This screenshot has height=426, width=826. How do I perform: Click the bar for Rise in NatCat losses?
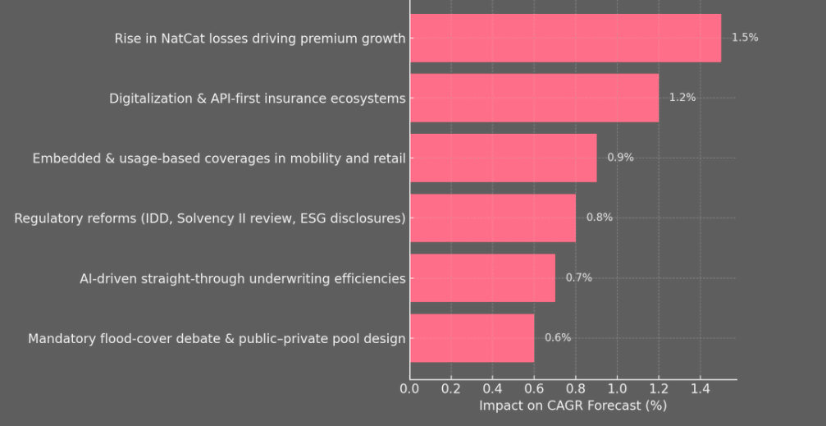point(565,38)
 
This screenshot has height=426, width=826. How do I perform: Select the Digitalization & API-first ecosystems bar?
point(534,98)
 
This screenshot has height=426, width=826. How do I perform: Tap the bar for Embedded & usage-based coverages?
point(503,158)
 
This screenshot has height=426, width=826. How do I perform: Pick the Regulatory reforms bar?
point(492,218)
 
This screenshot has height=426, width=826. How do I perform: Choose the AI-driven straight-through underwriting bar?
point(482,277)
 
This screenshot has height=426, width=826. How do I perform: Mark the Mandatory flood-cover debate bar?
point(472,337)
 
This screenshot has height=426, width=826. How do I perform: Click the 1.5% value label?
point(744,38)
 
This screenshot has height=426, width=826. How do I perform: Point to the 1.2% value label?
point(682,98)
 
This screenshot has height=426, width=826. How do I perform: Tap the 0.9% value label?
point(620,158)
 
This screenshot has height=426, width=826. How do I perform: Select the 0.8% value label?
point(599,218)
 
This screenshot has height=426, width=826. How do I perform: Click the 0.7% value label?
point(578,277)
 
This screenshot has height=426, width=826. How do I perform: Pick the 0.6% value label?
point(558,337)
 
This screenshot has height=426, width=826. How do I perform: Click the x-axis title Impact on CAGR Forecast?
point(573,405)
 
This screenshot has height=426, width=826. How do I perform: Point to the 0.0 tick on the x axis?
point(409,388)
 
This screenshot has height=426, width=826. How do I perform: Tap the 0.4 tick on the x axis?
point(492,388)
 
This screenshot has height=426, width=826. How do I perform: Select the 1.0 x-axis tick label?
point(617,388)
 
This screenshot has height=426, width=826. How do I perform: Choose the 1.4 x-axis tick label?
point(700,388)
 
